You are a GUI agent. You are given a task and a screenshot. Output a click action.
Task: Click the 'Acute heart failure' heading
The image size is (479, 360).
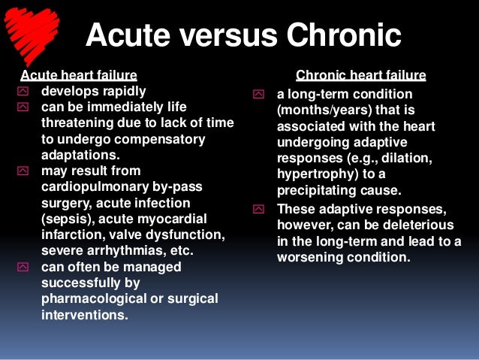click(x=78, y=75)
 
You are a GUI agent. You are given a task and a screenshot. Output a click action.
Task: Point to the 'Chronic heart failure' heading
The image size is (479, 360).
click(x=361, y=75)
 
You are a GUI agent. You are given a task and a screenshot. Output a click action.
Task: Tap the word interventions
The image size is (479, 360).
click(x=84, y=314)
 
